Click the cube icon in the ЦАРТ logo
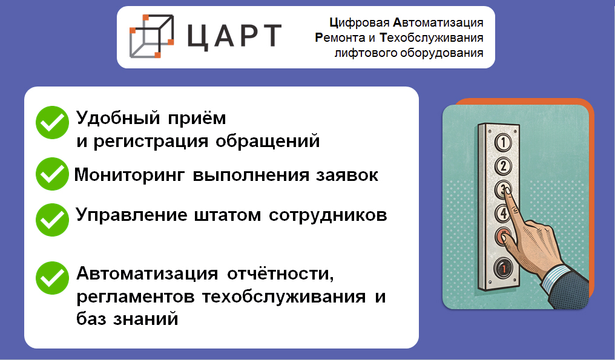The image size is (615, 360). (151, 36)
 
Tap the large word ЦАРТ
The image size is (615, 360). (234, 37)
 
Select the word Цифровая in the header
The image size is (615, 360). (360, 23)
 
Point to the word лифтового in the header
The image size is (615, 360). (366, 53)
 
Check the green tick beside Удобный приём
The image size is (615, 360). (52, 122)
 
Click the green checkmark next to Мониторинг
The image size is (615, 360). (52, 174)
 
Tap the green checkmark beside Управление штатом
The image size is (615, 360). (52, 220)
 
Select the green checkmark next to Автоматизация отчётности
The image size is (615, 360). (52, 278)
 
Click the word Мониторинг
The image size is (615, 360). (129, 175)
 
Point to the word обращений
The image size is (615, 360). (268, 141)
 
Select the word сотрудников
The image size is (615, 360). (328, 215)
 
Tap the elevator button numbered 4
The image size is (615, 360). (503, 214)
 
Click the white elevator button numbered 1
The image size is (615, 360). (503, 142)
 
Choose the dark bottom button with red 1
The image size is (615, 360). (503, 268)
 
